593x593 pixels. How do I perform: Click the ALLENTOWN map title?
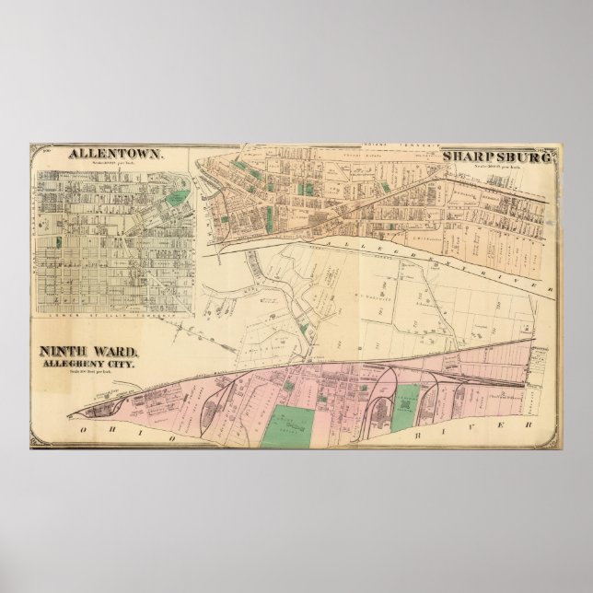coord(116,157)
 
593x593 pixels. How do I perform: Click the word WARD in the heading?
coord(115,351)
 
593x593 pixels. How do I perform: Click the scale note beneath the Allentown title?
coord(114,166)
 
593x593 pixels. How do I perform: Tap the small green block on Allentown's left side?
coord(58,242)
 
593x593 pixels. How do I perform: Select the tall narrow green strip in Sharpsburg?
coord(268,217)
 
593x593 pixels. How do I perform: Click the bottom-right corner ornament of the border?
coord(553,442)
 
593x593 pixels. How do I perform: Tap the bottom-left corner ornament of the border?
coord(36,442)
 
